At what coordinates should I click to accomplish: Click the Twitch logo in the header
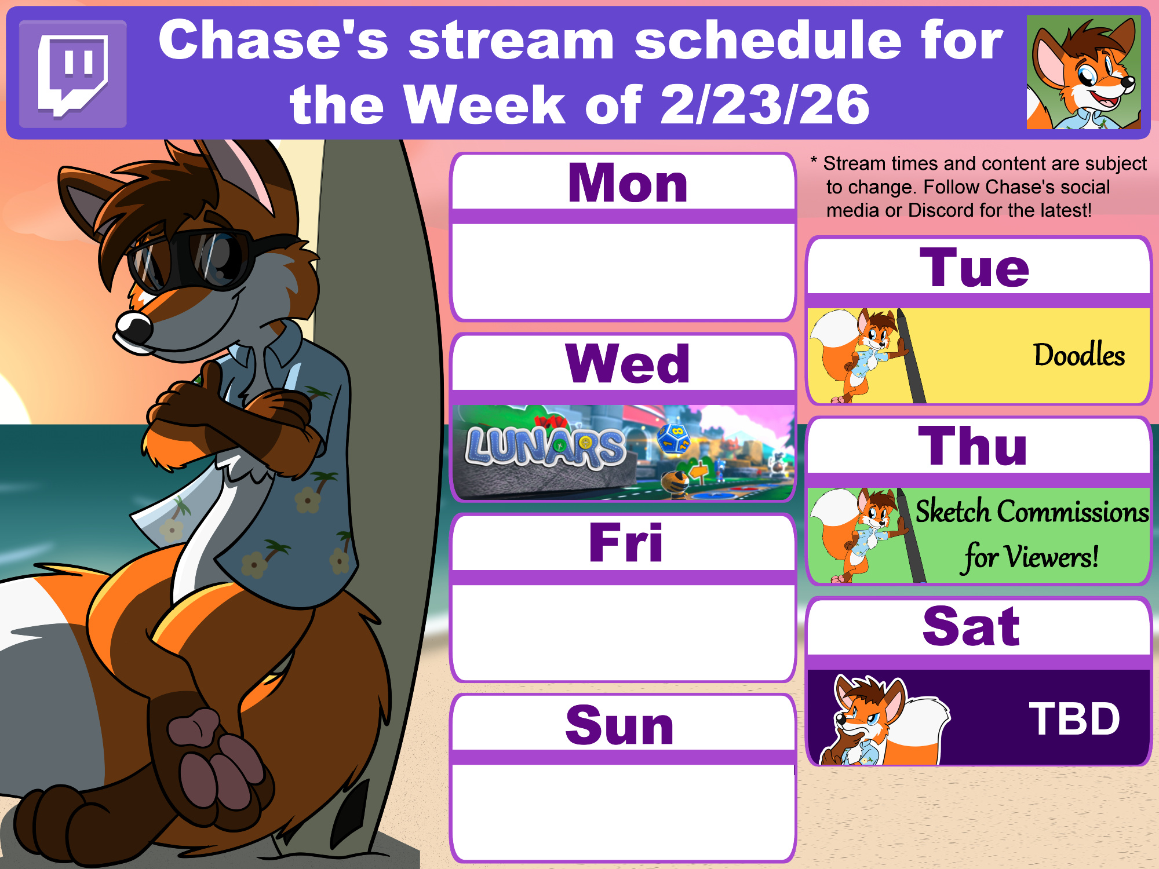coord(73,74)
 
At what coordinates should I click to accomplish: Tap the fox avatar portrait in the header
coord(1084,72)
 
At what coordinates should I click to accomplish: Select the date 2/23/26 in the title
coord(765,104)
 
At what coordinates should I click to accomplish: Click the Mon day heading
coord(628,183)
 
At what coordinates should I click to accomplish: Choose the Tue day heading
coord(975,268)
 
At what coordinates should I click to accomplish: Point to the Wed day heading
coord(628,364)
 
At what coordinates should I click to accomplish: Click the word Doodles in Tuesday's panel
coord(1079,355)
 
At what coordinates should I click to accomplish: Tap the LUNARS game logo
coord(545,447)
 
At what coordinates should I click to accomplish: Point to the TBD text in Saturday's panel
coord(1074,719)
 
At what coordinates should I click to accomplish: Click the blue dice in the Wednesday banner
coord(673,438)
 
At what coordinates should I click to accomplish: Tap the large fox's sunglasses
coord(191,259)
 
